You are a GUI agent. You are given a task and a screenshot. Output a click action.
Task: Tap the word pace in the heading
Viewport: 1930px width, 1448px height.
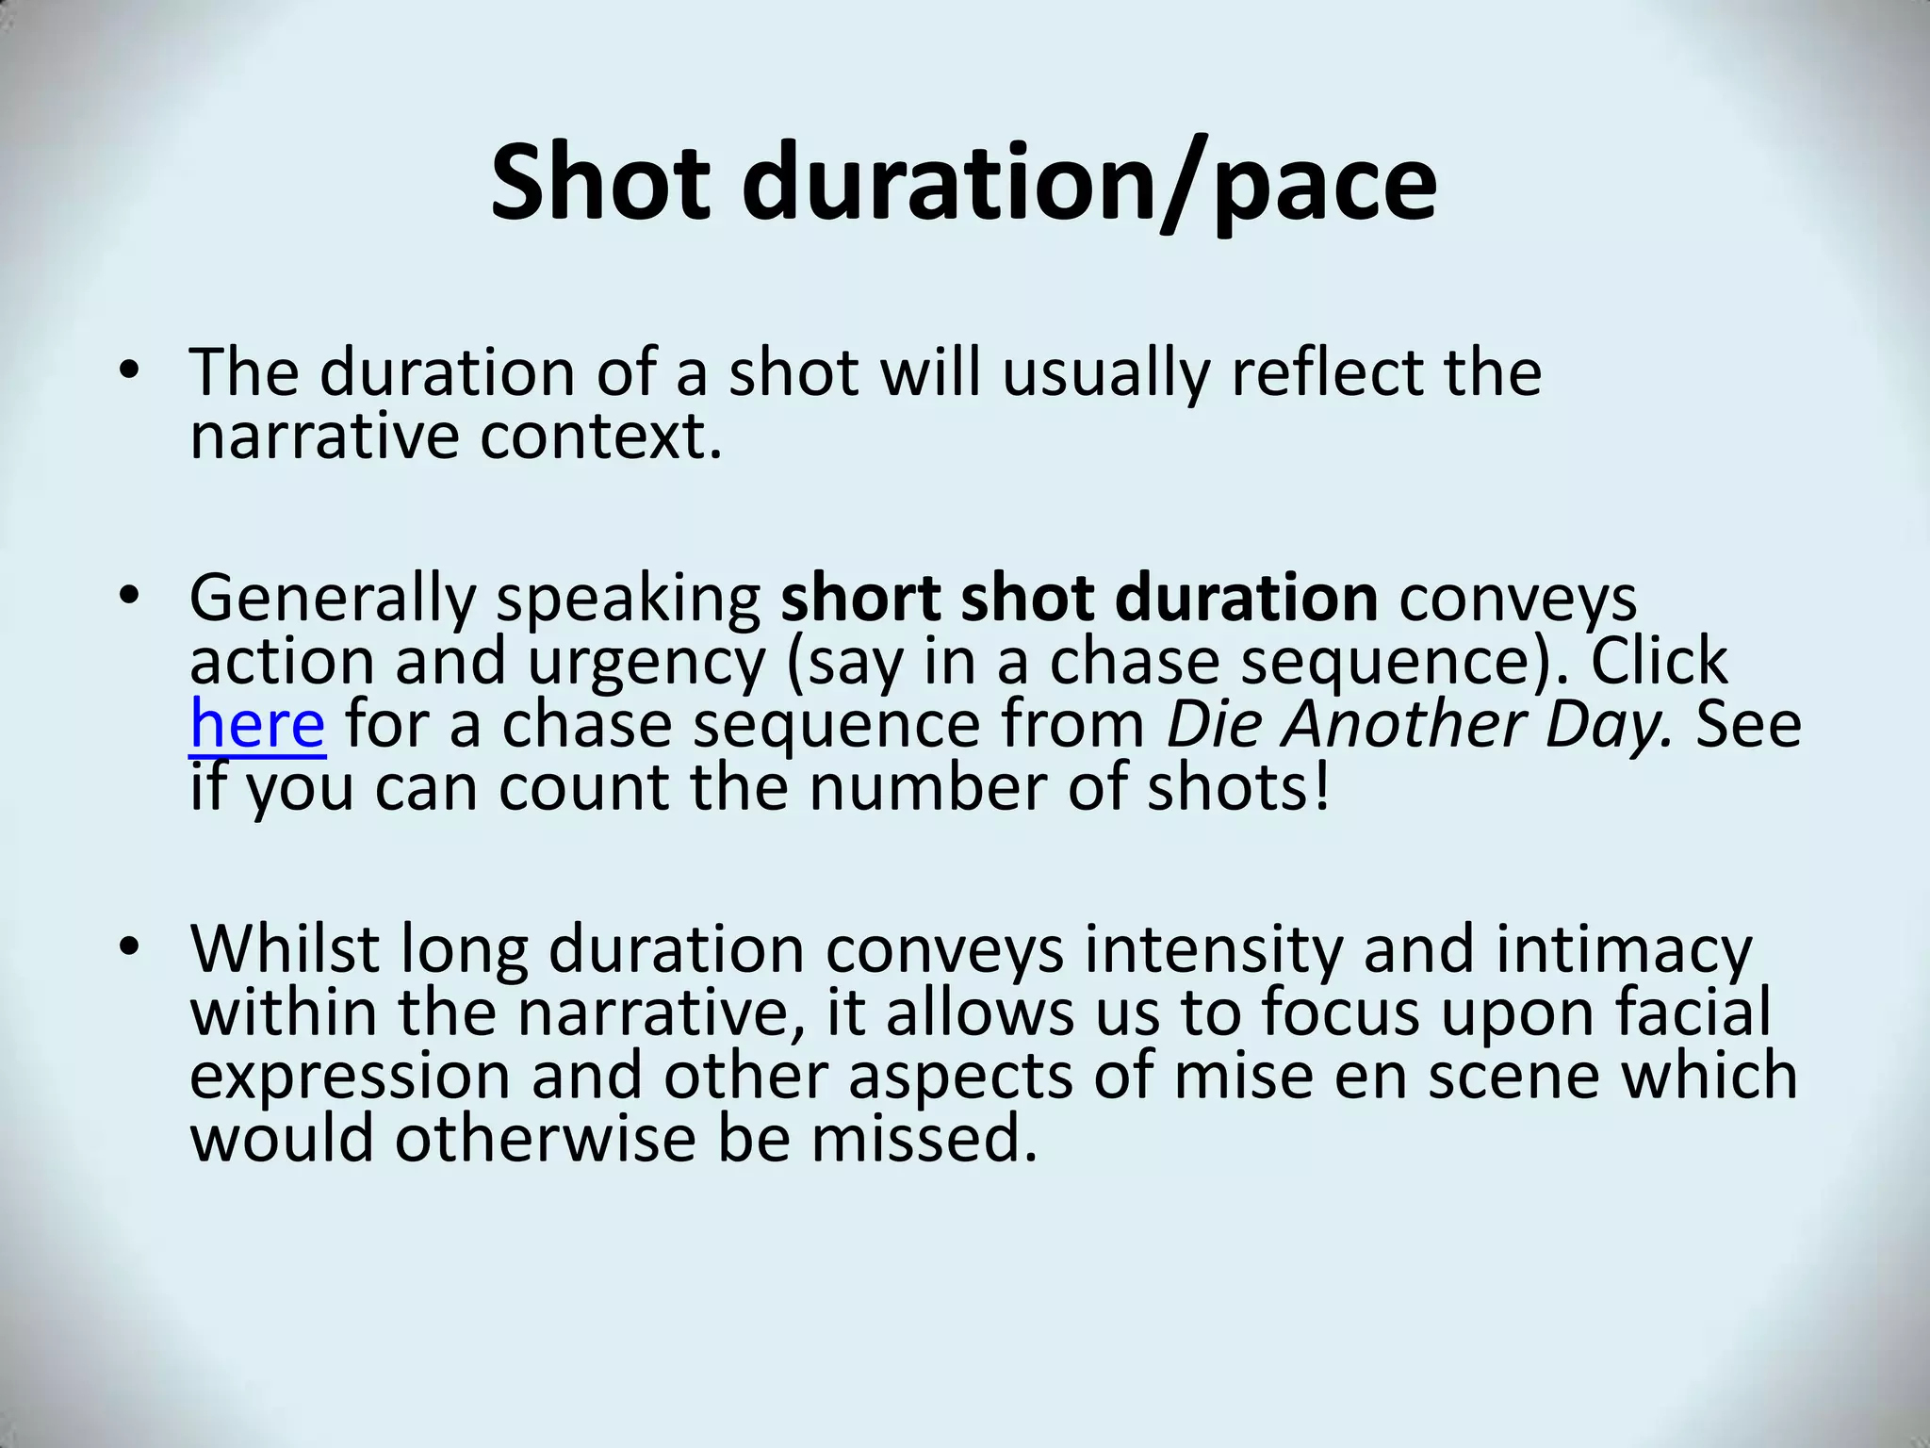point(1325,185)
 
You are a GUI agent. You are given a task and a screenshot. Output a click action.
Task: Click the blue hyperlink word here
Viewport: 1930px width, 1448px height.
point(257,724)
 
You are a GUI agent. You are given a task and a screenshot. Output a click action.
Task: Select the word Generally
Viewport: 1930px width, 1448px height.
point(333,600)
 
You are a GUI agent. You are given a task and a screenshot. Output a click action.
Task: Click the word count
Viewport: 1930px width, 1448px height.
point(583,787)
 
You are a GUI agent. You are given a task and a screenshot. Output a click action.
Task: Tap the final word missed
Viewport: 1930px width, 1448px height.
point(924,1138)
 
